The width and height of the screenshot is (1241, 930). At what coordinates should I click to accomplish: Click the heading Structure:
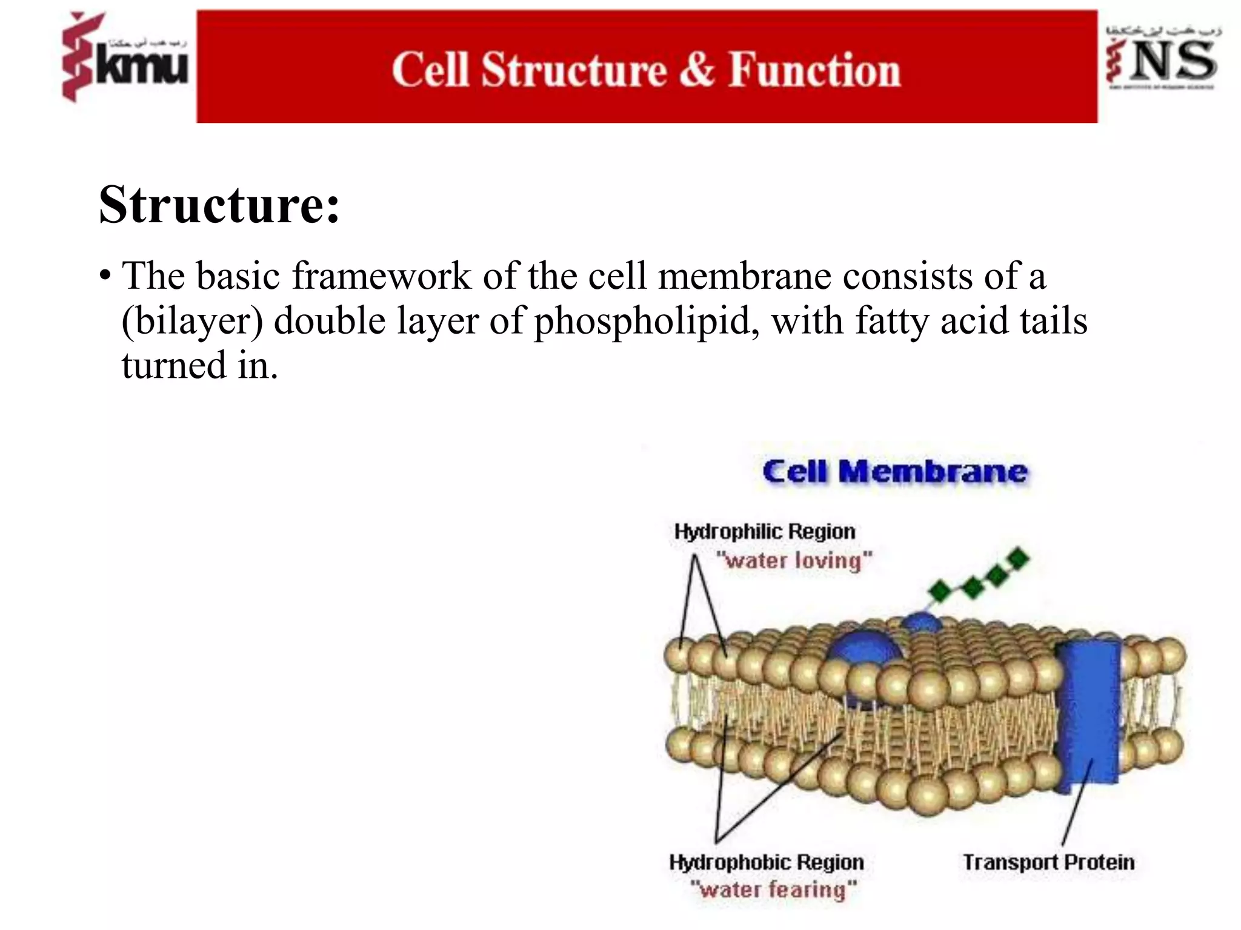pyautogui.click(x=219, y=205)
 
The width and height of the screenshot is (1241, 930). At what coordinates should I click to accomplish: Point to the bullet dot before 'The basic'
pyautogui.click(x=105, y=276)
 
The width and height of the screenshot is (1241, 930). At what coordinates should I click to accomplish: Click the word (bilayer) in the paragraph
pyautogui.click(x=192, y=320)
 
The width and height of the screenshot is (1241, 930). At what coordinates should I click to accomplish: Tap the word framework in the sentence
pyautogui.click(x=382, y=276)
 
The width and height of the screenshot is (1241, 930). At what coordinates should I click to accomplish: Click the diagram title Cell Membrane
pyautogui.click(x=895, y=472)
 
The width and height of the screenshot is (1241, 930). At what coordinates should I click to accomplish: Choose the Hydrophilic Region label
pyautogui.click(x=765, y=532)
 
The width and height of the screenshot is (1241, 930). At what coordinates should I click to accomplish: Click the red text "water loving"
pyautogui.click(x=794, y=561)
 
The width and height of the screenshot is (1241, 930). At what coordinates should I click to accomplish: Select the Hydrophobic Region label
pyautogui.click(x=767, y=862)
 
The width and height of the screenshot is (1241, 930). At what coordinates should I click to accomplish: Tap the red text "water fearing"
pyautogui.click(x=774, y=890)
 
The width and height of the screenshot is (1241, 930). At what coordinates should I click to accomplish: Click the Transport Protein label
pyautogui.click(x=1048, y=862)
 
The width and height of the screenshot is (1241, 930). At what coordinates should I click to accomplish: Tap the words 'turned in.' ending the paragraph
pyautogui.click(x=200, y=365)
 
